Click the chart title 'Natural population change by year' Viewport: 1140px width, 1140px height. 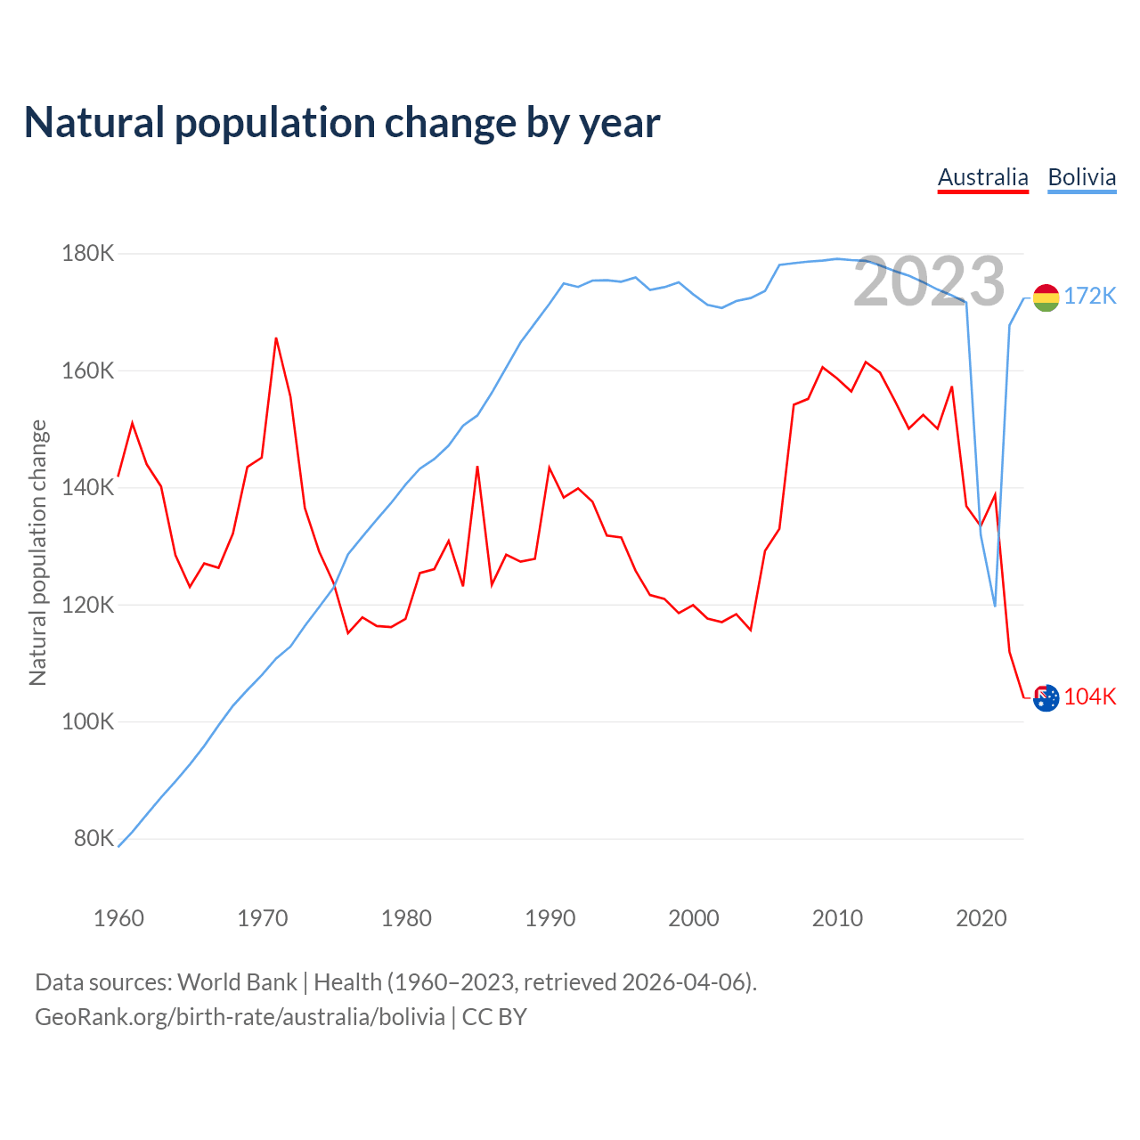point(342,123)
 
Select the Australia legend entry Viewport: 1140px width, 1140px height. point(982,177)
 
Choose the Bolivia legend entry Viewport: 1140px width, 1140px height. point(1081,177)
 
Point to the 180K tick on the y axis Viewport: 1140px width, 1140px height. point(88,254)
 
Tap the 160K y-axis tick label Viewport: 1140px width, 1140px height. point(88,370)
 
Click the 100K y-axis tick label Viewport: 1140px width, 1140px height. point(88,721)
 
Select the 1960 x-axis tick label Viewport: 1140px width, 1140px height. point(118,918)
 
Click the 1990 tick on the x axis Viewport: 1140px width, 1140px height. point(550,918)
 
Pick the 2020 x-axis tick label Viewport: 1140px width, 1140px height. point(981,918)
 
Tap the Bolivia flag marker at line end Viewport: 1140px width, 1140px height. point(1046,297)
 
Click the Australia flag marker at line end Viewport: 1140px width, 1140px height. point(1046,697)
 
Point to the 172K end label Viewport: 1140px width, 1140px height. point(1090,296)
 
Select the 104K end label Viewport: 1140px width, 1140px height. point(1090,696)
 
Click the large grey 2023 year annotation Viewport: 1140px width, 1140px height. point(929,282)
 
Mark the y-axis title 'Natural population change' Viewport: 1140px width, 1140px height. point(38,552)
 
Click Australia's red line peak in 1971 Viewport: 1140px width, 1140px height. point(276,338)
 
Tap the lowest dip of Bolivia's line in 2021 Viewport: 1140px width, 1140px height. point(995,606)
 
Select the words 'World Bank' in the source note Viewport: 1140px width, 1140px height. point(237,981)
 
